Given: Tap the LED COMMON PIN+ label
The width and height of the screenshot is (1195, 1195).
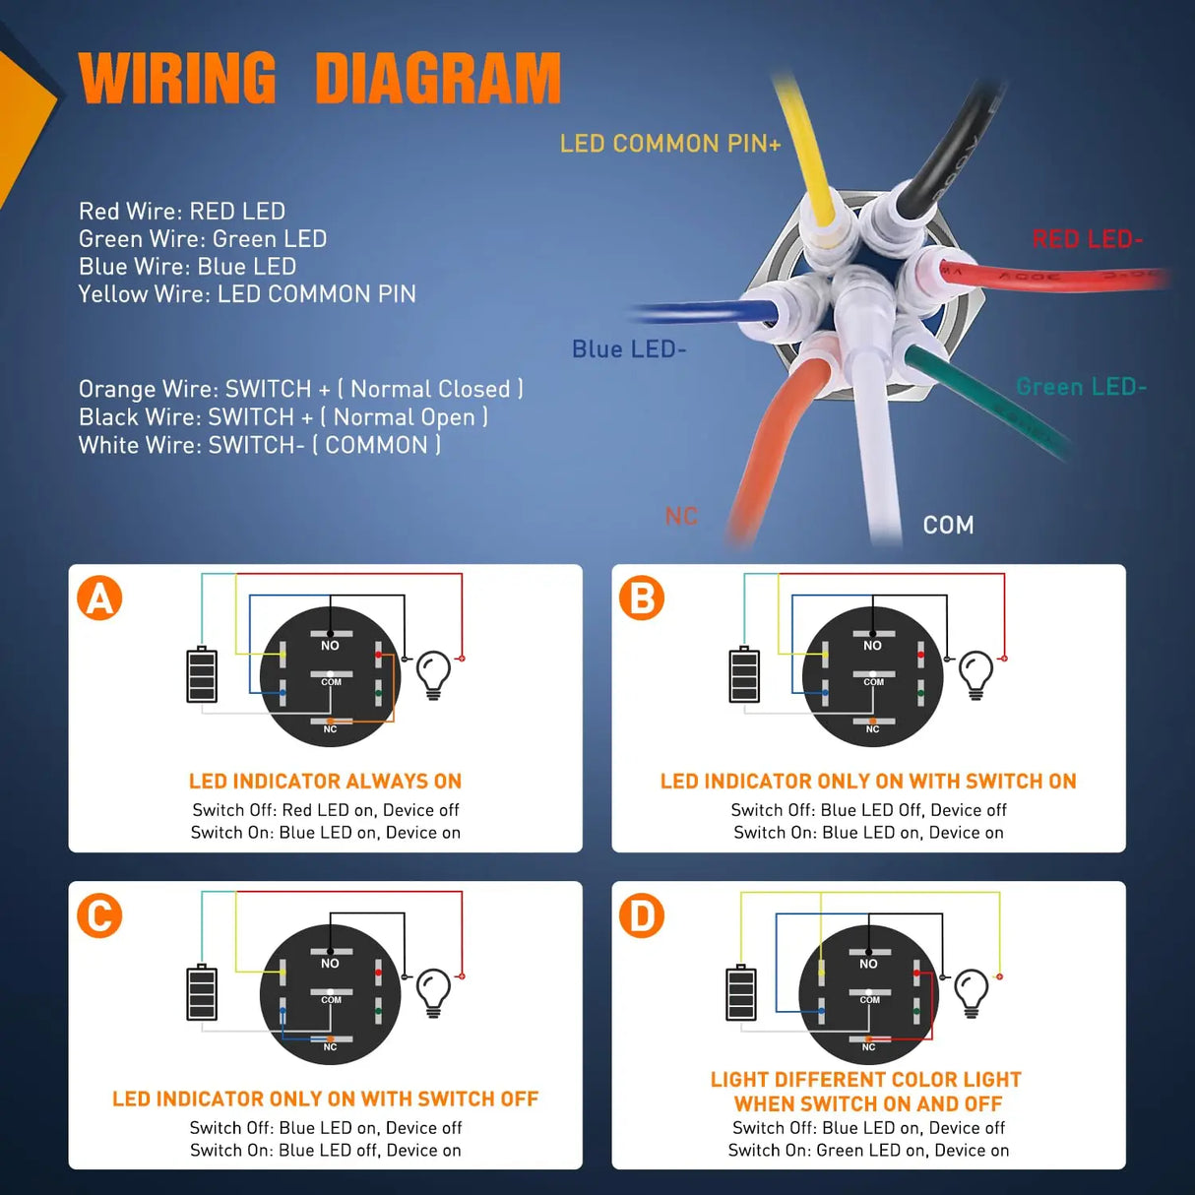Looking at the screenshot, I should (x=669, y=144).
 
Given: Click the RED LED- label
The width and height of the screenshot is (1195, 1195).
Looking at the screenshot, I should (x=1087, y=239).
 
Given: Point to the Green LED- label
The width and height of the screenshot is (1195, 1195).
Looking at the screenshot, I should (x=1081, y=387).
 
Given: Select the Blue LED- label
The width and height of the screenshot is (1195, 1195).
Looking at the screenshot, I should (x=629, y=349).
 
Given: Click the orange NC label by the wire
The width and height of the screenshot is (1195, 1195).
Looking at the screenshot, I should (x=680, y=517).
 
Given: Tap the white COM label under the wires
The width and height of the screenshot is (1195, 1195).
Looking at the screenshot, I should (x=948, y=526).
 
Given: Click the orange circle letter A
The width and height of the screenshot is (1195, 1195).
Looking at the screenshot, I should (x=99, y=598).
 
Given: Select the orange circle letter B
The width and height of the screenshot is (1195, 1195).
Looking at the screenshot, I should (x=642, y=598).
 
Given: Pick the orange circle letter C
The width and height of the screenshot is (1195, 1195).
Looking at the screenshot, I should (x=99, y=916).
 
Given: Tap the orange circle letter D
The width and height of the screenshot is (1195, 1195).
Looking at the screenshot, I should (x=642, y=916).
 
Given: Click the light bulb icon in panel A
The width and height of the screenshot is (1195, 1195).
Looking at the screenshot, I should (x=433, y=674).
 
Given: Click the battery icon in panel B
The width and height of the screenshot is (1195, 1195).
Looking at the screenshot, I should (x=744, y=674).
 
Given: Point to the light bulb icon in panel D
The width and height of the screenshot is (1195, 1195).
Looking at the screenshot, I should (x=972, y=992).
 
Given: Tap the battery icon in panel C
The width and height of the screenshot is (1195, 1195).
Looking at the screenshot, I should (x=202, y=992).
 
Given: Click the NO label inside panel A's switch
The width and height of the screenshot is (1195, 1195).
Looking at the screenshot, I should (x=330, y=646).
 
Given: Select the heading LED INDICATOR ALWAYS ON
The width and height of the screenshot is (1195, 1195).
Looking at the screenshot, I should (x=325, y=782).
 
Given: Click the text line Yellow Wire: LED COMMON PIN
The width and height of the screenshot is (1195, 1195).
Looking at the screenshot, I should (x=247, y=294).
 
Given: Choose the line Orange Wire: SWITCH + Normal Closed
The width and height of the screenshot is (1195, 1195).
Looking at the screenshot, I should (x=300, y=390).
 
